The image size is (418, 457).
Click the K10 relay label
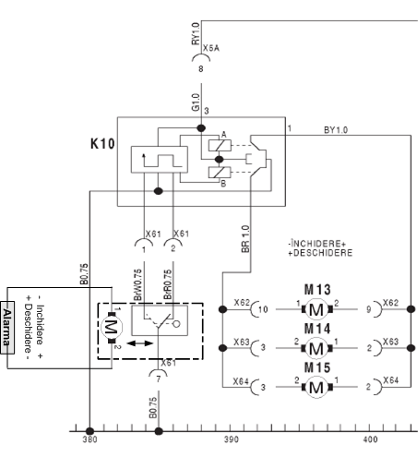(102, 144)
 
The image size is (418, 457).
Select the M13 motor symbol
(317, 309)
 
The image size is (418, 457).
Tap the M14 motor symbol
(317, 348)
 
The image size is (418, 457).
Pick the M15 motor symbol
(317, 387)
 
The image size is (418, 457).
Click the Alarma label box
(7, 328)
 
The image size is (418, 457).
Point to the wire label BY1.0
(336, 130)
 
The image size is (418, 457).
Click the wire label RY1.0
(196, 33)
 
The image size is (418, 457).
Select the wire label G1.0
(196, 102)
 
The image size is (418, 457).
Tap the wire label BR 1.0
(245, 239)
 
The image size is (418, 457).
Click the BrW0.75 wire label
(137, 284)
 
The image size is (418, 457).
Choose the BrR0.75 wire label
(168, 284)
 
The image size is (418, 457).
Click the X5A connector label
(211, 48)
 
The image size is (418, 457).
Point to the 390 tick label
(231, 439)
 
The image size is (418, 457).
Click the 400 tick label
(370, 439)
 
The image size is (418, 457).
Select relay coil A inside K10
(220, 145)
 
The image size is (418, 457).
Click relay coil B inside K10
(220, 173)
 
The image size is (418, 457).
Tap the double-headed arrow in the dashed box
(139, 343)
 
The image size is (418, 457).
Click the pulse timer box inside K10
(160, 160)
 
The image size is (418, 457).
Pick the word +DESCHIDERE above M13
(320, 253)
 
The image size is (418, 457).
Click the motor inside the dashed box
(112, 328)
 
